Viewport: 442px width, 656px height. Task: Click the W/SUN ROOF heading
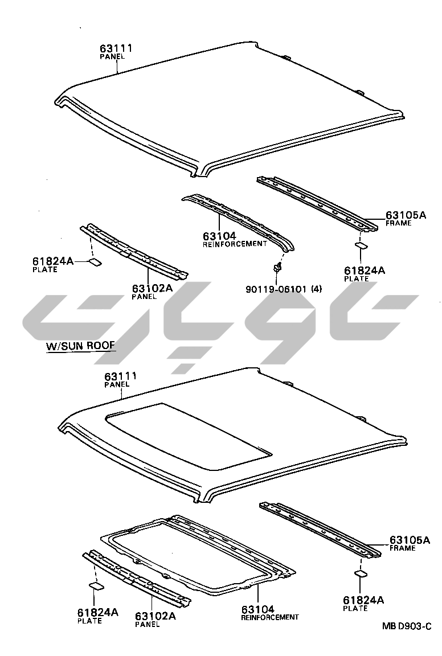click(80, 346)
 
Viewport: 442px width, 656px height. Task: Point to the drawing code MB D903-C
click(406, 626)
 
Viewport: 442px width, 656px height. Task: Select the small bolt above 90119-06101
click(277, 266)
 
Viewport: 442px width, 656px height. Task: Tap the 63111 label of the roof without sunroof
click(116, 48)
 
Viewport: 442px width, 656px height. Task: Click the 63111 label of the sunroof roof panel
click(121, 377)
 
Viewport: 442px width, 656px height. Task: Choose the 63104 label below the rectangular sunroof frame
click(257, 609)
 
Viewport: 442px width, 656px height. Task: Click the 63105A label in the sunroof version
click(410, 540)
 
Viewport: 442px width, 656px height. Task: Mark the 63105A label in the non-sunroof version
click(406, 215)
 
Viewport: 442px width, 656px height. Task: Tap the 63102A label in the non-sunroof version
click(152, 289)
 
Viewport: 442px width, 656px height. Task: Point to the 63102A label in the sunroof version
click(155, 616)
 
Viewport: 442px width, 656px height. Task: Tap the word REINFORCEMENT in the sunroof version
click(269, 617)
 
